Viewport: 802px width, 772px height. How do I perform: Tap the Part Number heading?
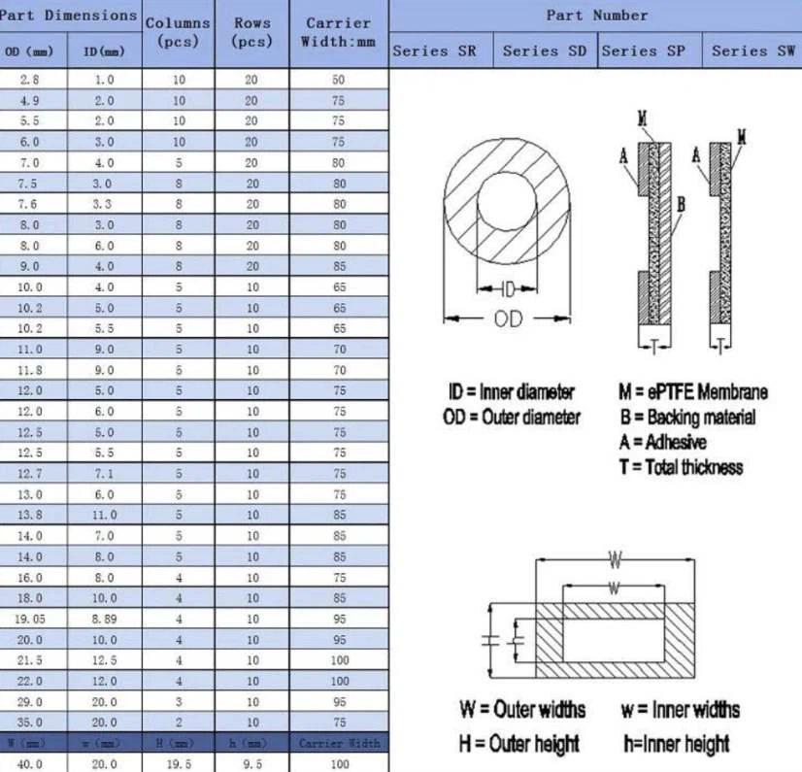tap(595, 15)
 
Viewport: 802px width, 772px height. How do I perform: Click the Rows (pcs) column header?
tap(251, 32)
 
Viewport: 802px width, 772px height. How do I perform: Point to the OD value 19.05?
tap(29, 619)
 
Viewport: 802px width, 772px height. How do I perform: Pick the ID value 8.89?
tap(104, 619)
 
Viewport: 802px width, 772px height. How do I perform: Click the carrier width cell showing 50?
tap(339, 81)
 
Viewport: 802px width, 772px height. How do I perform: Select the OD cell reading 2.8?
tap(29, 81)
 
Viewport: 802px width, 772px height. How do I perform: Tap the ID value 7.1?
tap(104, 474)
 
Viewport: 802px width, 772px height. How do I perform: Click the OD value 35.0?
tap(29, 722)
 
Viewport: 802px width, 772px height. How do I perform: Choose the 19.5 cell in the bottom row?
tap(179, 764)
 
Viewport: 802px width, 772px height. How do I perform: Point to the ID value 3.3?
tap(104, 204)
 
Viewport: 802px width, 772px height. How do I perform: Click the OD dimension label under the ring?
tap(508, 319)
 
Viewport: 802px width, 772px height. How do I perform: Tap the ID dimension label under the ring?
tap(507, 288)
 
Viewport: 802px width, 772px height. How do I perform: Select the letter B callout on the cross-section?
tap(682, 204)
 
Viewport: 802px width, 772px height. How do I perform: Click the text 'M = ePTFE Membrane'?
tap(692, 392)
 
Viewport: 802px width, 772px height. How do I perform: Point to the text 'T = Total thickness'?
tap(680, 467)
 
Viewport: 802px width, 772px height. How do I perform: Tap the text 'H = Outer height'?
tap(518, 744)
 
